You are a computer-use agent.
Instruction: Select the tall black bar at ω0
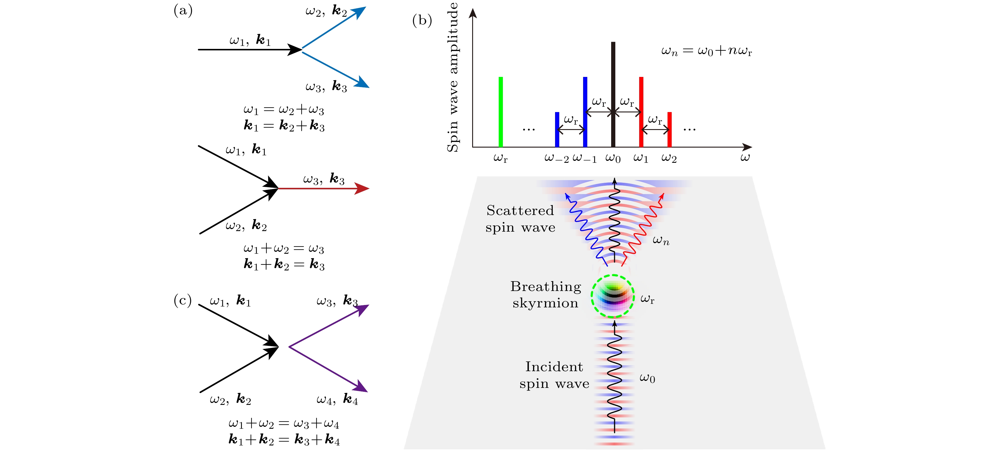tap(613, 95)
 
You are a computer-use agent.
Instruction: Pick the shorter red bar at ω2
tap(670, 129)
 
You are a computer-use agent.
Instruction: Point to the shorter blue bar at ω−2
tap(557, 129)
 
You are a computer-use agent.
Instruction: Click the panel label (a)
tap(183, 10)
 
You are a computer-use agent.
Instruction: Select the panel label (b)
tap(422, 20)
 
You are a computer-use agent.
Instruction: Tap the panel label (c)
tap(183, 300)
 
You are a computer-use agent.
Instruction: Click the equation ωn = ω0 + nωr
tap(706, 51)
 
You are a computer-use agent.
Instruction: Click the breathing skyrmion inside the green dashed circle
tap(613, 297)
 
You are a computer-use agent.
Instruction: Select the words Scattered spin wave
tap(520, 219)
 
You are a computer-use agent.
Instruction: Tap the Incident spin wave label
tap(554, 375)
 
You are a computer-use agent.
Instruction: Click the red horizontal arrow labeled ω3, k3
tap(324, 189)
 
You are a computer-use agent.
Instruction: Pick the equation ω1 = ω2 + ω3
tap(284, 110)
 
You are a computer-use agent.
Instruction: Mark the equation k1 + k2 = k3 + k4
tap(284, 439)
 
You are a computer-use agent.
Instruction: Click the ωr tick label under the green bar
tap(500, 158)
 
